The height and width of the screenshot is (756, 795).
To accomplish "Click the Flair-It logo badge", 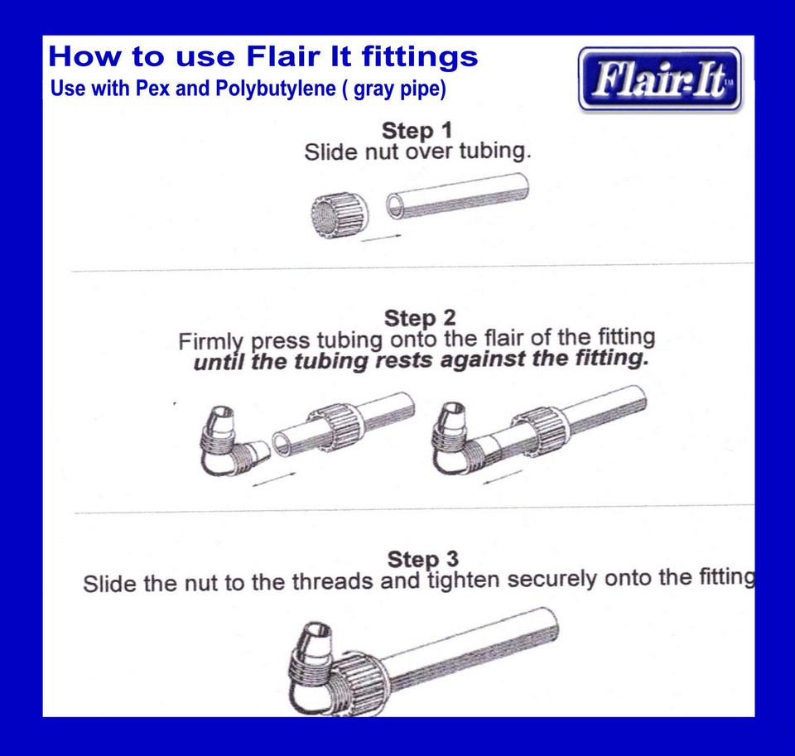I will tap(659, 79).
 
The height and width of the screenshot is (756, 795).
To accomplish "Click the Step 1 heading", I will tap(417, 131).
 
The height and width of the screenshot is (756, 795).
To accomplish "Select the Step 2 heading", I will tap(420, 318).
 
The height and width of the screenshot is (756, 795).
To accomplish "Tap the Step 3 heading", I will tap(422, 559).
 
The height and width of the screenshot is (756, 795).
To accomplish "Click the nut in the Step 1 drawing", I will tap(339, 213).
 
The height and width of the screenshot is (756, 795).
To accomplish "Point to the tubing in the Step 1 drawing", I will tap(458, 195).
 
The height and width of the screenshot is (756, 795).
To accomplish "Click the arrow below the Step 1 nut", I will tap(382, 238).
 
